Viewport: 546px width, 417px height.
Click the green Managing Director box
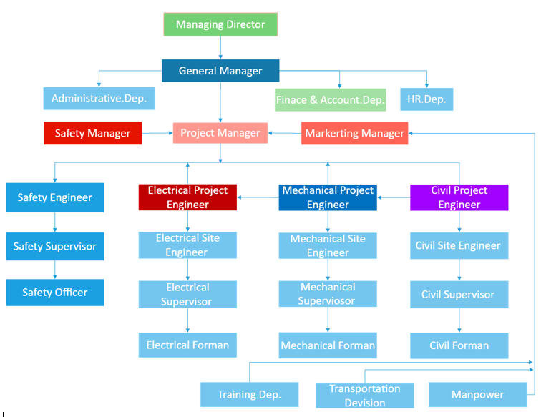click(220, 24)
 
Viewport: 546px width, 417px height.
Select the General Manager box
click(220, 71)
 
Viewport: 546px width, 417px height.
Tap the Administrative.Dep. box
click(99, 99)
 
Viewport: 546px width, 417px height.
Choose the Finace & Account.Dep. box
click(331, 100)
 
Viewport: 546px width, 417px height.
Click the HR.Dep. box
click(426, 99)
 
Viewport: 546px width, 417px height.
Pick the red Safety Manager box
click(93, 133)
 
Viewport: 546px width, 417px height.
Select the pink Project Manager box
click(220, 133)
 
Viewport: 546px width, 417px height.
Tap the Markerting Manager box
click(354, 133)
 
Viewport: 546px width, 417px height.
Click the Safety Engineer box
click(55, 197)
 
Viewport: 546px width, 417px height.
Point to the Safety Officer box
click(55, 292)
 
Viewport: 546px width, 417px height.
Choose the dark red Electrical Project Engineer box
click(187, 197)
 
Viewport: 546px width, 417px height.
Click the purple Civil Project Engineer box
click(459, 197)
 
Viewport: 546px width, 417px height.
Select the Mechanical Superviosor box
click(328, 294)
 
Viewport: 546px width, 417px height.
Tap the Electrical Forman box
click(187, 345)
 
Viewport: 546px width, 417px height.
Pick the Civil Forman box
click(459, 345)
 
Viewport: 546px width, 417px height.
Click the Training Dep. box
click(249, 394)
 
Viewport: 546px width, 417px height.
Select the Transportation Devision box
click(365, 396)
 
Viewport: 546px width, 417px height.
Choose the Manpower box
click(477, 394)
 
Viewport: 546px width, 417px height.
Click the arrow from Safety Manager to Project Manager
click(157, 133)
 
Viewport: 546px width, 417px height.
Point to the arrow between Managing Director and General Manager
click(220, 47)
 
